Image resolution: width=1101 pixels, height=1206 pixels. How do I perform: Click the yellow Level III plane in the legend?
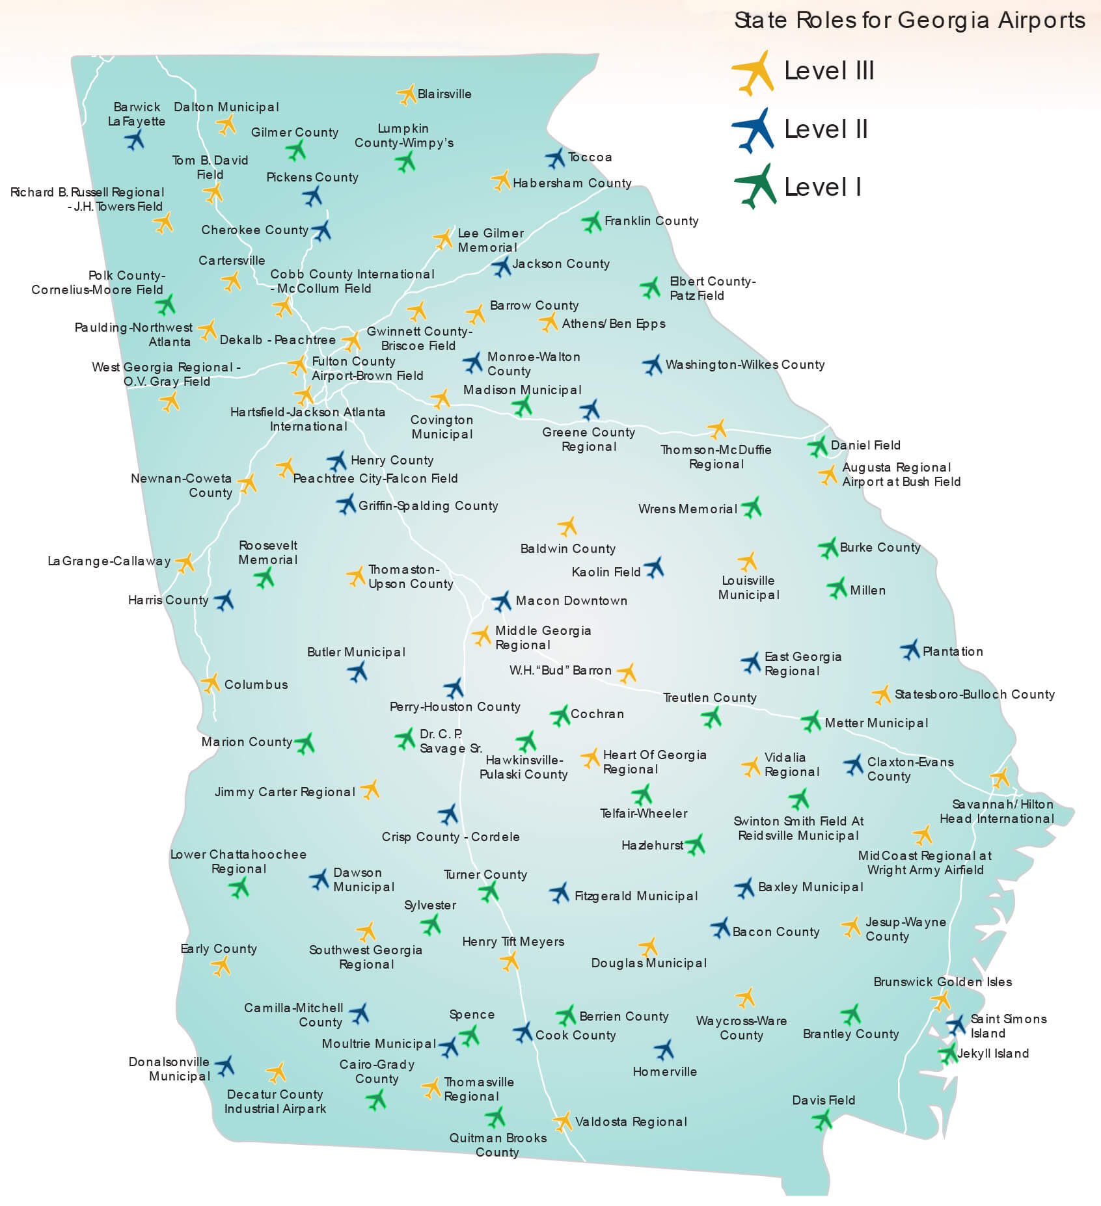click(754, 72)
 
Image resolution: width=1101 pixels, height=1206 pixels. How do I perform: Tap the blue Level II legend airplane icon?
click(754, 129)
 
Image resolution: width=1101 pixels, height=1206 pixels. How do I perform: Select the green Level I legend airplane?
click(755, 186)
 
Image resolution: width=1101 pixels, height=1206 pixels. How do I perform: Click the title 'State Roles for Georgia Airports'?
click(909, 21)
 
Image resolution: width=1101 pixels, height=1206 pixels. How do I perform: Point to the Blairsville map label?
click(444, 94)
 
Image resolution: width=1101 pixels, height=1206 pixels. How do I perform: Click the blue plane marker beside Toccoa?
click(556, 157)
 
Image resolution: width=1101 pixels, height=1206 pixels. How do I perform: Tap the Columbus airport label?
click(256, 685)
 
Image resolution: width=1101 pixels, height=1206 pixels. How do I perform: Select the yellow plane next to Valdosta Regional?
click(562, 1121)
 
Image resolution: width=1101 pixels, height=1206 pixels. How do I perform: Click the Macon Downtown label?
click(571, 601)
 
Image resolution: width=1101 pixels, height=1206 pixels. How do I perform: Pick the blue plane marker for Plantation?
click(910, 649)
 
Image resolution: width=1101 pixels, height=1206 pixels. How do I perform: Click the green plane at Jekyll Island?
click(948, 1053)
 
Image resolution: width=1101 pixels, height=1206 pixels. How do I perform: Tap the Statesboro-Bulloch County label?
click(974, 695)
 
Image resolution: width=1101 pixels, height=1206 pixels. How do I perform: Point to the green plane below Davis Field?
click(822, 1119)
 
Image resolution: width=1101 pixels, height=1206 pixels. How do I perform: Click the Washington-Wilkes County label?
click(744, 365)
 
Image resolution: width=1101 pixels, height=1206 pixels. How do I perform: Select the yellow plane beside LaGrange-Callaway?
click(185, 563)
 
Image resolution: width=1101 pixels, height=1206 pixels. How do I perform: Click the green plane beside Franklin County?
click(591, 222)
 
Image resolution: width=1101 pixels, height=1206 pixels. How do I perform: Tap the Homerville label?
click(664, 1071)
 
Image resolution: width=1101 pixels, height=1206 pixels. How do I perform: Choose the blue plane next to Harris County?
click(224, 600)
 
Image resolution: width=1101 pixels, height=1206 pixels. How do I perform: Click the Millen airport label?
click(867, 591)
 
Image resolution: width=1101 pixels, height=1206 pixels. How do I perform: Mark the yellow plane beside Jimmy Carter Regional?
click(370, 790)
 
